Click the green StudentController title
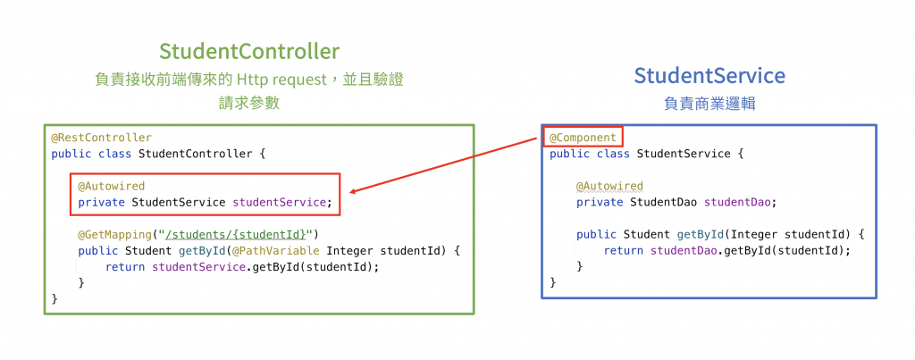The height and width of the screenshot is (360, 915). tap(249, 50)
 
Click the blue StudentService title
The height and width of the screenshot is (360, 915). tap(709, 75)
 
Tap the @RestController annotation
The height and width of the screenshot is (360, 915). tap(101, 138)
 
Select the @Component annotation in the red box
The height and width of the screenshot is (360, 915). tap(583, 138)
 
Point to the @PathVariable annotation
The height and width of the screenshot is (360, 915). tap(279, 250)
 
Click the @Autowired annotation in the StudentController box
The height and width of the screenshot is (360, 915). tap(111, 186)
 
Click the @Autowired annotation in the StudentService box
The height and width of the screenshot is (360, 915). tap(609, 186)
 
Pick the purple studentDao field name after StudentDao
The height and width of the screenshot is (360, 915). tap(740, 202)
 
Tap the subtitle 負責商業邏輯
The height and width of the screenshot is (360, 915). tap(709, 103)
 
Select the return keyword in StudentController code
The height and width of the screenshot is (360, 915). tap(125, 266)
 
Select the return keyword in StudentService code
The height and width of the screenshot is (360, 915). tap(624, 250)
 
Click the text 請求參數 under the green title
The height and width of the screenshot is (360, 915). tap(249, 103)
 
